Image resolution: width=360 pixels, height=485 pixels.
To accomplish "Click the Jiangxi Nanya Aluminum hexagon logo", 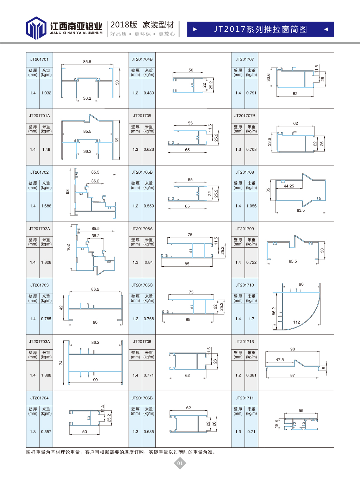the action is point(36,28).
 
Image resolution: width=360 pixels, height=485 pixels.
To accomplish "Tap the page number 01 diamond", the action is point(180,463).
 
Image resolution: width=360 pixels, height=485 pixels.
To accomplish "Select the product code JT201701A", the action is point(39,116).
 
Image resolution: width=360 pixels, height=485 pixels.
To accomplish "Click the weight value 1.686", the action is point(46,206).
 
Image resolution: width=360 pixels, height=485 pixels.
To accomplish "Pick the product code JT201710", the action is point(245,285).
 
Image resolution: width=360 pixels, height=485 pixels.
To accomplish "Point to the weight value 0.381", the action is point(251,375).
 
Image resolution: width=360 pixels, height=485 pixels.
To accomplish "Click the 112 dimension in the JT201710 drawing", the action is point(297,322).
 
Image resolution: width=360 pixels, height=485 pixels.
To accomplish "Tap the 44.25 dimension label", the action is point(289,186).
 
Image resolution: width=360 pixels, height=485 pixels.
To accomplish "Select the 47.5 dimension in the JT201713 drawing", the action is point(280,360).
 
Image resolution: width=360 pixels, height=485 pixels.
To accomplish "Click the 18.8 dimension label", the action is point(277,424).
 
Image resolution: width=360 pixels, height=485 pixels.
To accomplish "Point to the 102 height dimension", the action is point(68,247).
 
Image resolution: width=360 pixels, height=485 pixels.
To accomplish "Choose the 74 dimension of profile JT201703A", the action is point(61,363).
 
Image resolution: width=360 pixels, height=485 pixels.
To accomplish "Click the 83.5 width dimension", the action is point(301,210).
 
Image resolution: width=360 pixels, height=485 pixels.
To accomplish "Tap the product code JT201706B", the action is point(142,398).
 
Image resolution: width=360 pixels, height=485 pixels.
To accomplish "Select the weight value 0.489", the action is point(149,93).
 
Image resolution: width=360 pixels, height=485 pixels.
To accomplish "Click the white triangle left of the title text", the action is point(195,29).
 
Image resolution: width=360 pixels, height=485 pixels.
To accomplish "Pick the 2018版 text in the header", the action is point(124,25).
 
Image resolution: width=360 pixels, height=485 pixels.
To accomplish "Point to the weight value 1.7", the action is point(251,319).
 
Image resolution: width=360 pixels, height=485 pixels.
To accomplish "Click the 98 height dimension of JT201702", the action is point(68,192).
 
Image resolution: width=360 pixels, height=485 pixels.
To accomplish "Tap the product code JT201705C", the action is point(142,285).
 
